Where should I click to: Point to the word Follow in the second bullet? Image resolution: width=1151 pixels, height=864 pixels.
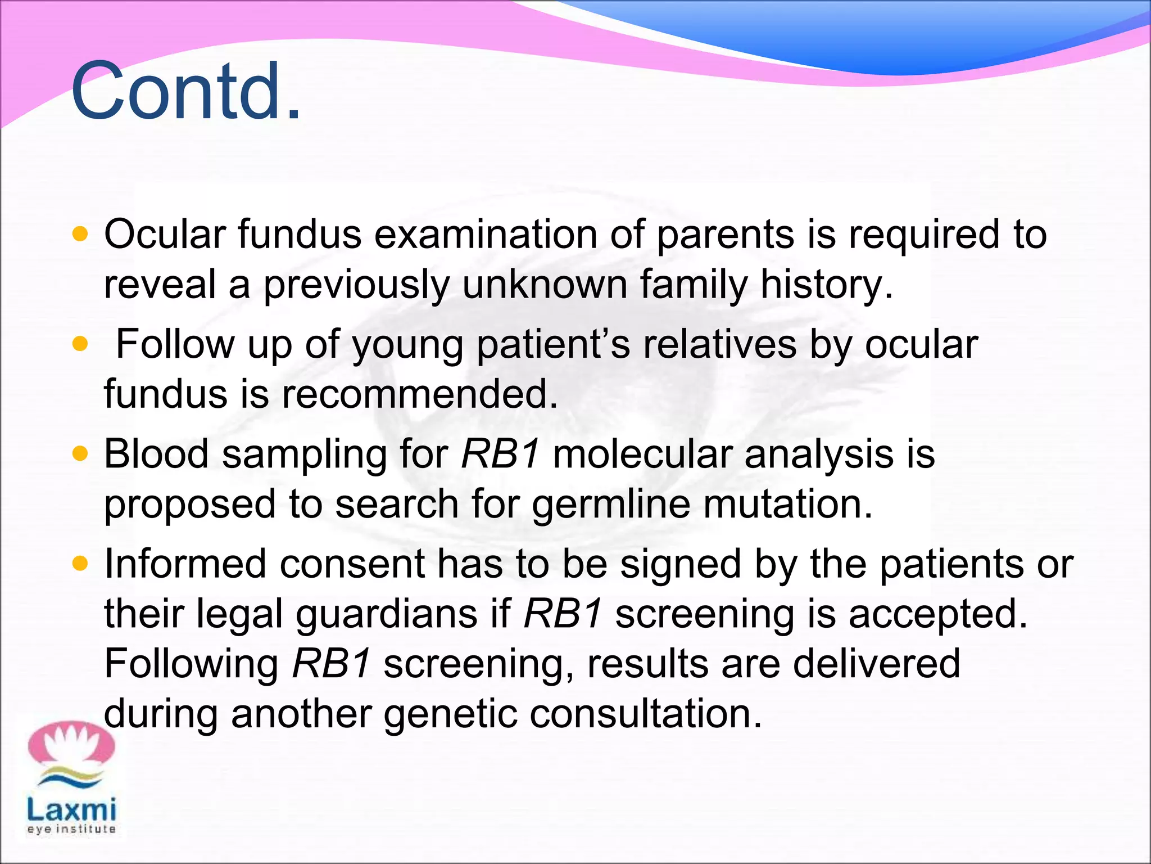(175, 344)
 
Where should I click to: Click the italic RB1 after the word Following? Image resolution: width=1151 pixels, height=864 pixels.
(331, 664)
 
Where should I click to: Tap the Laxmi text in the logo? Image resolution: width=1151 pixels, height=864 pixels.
(71, 809)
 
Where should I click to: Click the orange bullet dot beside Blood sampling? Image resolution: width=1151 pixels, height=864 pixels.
(80, 453)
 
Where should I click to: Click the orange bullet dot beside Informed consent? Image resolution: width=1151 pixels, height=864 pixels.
(80, 563)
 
